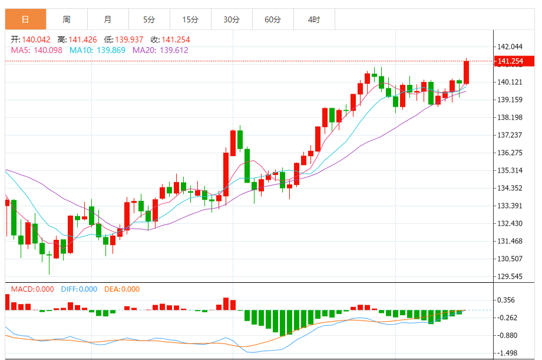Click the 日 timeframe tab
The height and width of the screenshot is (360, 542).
[x=25, y=19]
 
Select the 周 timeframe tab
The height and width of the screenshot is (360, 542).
[x=67, y=19]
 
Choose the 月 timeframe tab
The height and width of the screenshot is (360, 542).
[x=108, y=19]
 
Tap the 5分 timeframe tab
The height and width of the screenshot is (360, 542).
[x=149, y=19]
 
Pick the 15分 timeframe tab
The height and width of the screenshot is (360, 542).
[x=190, y=19]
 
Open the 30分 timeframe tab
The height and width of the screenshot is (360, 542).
[x=232, y=19]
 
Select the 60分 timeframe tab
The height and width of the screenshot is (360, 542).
[x=273, y=19]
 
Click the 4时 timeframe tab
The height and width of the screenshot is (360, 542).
[x=314, y=19]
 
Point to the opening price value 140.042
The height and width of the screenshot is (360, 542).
[x=37, y=39]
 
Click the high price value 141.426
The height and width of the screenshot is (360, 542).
[x=82, y=39]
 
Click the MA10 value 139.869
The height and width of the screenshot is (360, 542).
[x=111, y=50]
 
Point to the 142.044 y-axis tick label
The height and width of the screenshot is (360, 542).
[x=510, y=47]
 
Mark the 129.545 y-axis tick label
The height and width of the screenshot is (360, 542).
[x=510, y=276]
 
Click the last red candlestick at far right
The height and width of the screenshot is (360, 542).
[x=466, y=72]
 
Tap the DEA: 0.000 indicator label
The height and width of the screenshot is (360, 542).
[x=122, y=289]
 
